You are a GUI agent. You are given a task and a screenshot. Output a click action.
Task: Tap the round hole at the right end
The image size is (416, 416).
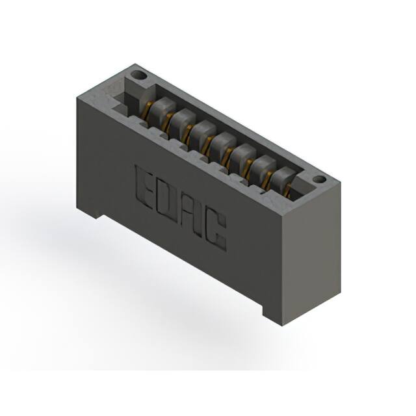318,179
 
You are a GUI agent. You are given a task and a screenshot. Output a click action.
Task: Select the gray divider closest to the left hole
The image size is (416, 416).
162,107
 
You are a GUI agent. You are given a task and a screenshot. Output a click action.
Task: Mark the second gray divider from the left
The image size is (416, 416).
183,119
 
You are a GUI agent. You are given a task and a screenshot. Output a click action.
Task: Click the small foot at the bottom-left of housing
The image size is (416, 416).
89,212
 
